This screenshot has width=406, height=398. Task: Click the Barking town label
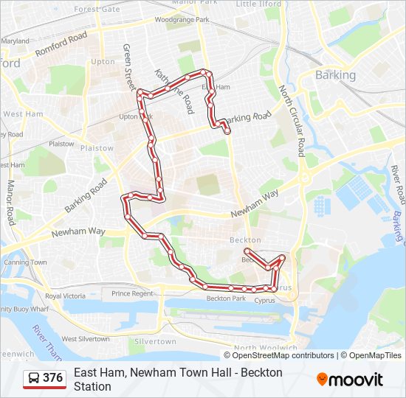point(335,75)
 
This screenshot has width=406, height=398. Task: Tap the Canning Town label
point(25,262)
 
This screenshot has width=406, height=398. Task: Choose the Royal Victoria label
point(65,296)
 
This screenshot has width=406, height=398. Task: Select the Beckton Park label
point(226,298)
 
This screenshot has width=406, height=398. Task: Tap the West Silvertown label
point(85,339)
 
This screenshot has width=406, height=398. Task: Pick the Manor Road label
point(11,203)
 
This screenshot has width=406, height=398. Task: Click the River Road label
point(399,185)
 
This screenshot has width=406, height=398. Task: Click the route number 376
point(52,378)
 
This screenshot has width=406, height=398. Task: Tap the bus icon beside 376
point(34,378)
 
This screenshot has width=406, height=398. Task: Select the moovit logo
point(350,380)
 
